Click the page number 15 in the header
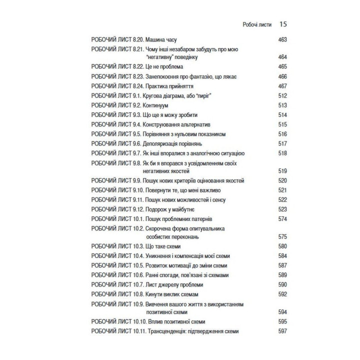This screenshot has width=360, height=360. coord(282,23)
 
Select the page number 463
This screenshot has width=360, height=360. coord(282,39)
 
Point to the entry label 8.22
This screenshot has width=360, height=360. coord(135,66)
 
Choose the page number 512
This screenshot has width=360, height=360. coord(282,95)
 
